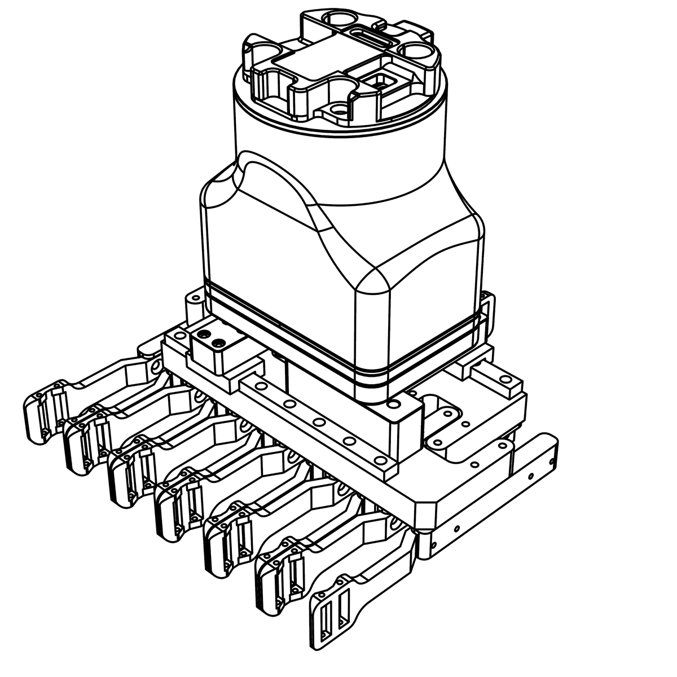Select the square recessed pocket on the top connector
pos(381,82)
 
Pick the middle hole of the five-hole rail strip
pos(319,423)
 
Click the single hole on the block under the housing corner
pos(393,405)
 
